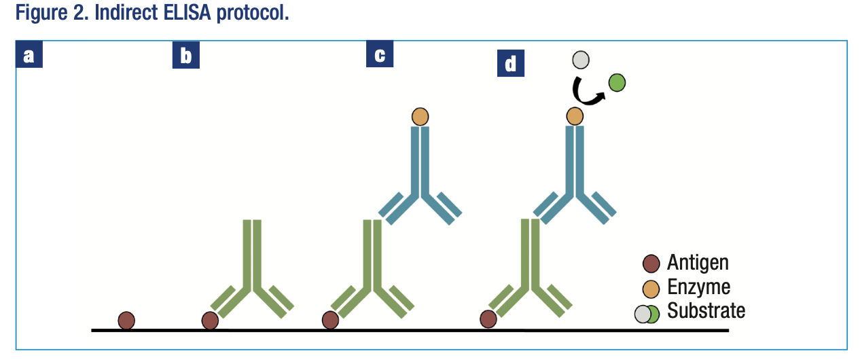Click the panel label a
tap(29, 55)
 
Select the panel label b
tap(185, 56)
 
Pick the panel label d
tap(510, 64)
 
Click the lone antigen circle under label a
tap(126, 320)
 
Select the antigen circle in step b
tap(210, 320)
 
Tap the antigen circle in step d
tap(488, 318)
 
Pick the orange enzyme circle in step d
tap(575, 116)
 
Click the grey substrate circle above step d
tap(580, 60)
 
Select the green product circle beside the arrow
tap(617, 83)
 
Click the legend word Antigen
tap(698, 262)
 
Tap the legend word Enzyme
tap(698, 287)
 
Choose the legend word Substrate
tap(706, 311)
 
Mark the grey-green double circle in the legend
tap(647, 314)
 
